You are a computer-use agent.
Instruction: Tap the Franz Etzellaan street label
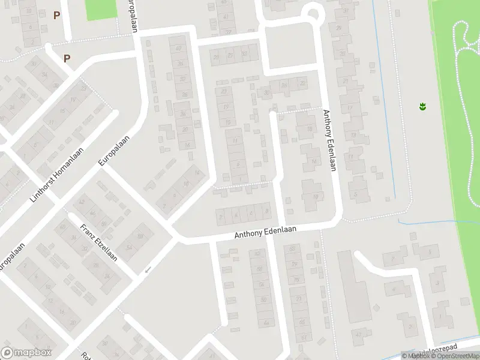point(99,242)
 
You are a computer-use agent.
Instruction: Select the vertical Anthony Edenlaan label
point(329,140)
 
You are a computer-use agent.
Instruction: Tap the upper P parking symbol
point(57,16)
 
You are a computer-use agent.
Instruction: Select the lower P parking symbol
point(67,58)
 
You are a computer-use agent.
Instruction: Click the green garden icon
point(422,107)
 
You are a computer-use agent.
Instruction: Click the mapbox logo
point(27,353)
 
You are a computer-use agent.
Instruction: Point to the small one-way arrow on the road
point(147,271)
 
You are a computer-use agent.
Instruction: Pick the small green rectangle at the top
point(100,9)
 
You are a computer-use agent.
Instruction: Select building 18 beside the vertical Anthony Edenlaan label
point(308,128)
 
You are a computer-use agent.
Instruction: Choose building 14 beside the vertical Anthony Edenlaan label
point(313,161)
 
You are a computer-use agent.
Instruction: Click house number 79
point(294,265)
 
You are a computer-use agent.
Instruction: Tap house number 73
point(298,298)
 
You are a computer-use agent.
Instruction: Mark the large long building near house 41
point(354,286)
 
